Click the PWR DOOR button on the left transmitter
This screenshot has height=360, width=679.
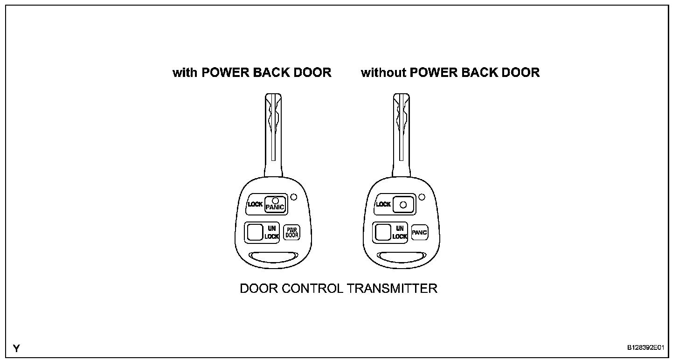pos(292,232)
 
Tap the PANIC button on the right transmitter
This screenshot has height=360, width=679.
pos(420,232)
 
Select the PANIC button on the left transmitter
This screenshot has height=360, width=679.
pos(275,204)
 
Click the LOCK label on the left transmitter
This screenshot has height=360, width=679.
pos(255,204)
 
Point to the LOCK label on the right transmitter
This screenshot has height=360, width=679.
pos(383,204)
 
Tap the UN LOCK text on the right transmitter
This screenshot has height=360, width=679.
pos(399,232)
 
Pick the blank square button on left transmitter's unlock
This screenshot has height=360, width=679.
pos(255,232)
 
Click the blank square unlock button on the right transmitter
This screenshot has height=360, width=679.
pos(383,232)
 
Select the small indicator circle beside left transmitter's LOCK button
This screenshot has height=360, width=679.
pos(293,197)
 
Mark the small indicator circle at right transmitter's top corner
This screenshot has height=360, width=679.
pos(422,197)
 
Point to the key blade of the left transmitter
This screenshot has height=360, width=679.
pos(273,135)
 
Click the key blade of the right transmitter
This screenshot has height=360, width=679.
pos(401,135)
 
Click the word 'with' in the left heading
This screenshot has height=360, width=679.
pos(185,73)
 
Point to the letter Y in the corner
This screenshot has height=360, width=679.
pos(17,348)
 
